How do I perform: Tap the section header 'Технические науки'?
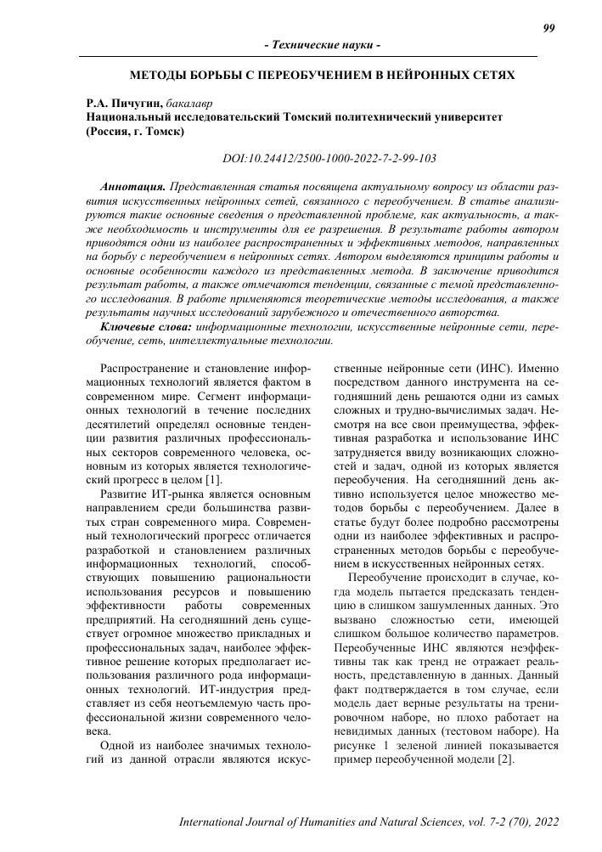coord(322,44)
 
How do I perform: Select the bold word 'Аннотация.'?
coord(133,184)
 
